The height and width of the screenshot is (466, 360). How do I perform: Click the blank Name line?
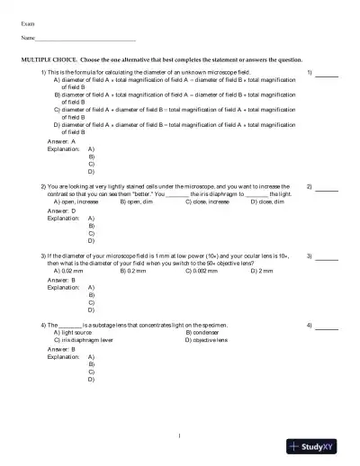(x=85, y=40)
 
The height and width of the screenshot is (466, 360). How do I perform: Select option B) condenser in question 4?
(x=208, y=332)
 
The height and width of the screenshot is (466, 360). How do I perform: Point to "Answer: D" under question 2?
(x=61, y=211)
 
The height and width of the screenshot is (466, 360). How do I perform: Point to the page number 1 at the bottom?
(x=180, y=437)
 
